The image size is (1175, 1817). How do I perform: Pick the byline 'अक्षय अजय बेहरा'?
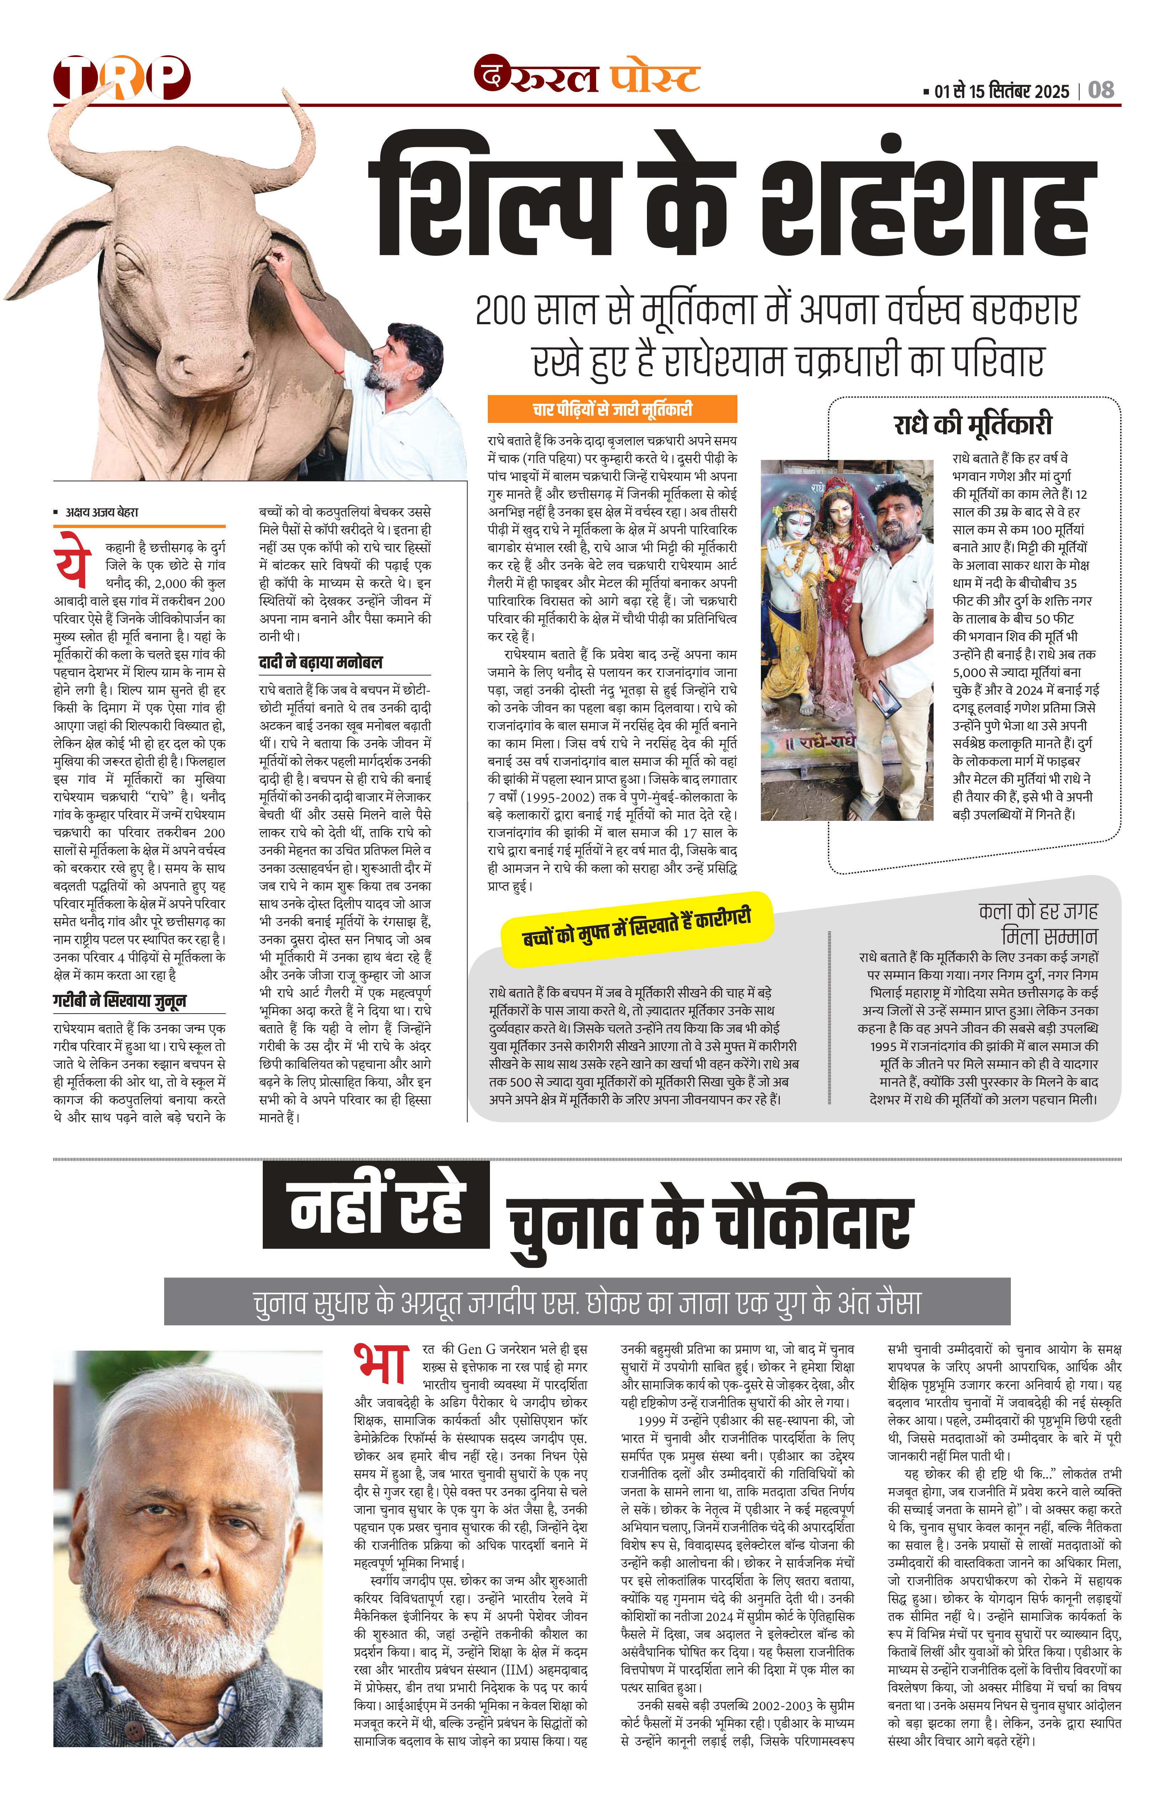[x=102, y=512]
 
